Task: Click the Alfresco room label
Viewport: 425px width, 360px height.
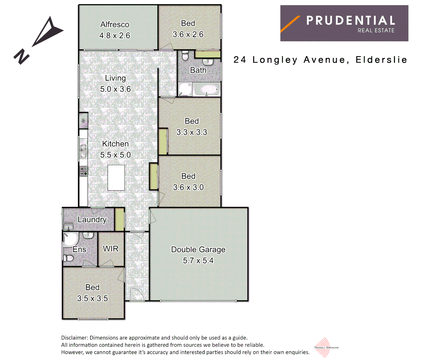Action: coord(115,25)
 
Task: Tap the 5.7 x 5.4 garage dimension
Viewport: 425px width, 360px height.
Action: coord(198,261)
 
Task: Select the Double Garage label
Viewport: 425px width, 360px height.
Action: coord(198,249)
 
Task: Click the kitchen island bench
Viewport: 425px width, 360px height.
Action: coord(116,178)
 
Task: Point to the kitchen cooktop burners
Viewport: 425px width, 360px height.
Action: coord(84,171)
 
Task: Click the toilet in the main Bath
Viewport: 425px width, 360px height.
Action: coord(185,56)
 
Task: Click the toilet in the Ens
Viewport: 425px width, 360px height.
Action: coord(69,258)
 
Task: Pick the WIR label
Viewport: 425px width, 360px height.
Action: coord(111,249)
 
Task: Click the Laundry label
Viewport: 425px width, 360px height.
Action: coord(92,220)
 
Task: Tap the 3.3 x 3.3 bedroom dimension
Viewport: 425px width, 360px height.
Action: coord(192,132)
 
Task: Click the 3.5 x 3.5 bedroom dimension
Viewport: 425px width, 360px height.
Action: coord(92,298)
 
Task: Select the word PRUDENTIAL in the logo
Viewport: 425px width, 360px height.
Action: coord(351,21)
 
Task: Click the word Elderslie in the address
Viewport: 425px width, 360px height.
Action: coord(381,60)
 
